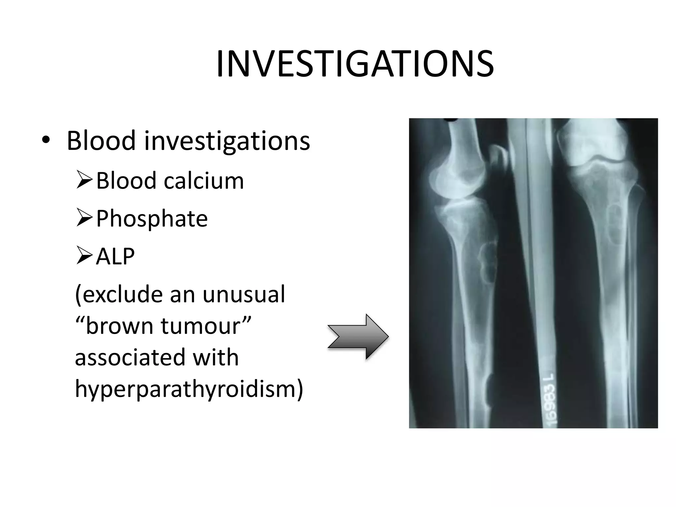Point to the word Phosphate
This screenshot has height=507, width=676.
[152, 219]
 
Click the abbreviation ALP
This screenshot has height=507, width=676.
[115, 256]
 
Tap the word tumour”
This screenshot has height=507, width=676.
[206, 326]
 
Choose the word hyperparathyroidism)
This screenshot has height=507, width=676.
[189, 389]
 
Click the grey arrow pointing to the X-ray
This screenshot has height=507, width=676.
[358, 337]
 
